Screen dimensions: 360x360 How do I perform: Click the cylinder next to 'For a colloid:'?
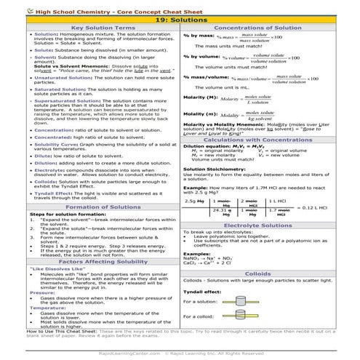tap(239, 316)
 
